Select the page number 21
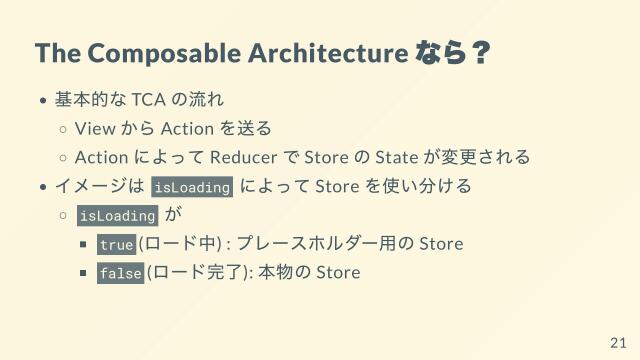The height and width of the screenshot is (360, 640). tap(617, 343)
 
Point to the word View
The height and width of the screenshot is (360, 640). tap(94, 129)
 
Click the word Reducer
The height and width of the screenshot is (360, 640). tap(245, 157)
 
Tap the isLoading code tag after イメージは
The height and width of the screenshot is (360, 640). tap(192, 187)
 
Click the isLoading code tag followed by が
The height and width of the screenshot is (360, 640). tap(117, 215)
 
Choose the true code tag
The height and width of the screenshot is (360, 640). tap(116, 244)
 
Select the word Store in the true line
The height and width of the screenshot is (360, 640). tap(441, 244)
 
